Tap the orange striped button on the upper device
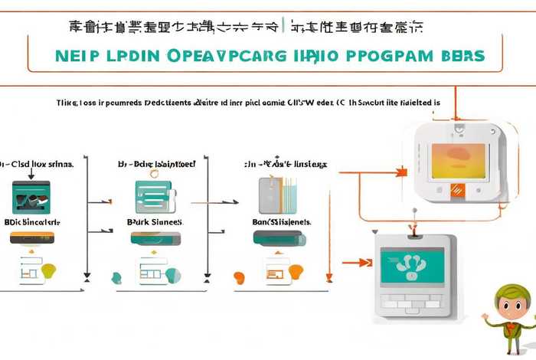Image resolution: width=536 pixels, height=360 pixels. [458, 189]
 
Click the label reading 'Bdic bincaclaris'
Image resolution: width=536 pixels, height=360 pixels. [32, 221]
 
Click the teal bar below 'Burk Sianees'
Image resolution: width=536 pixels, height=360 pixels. [156, 239]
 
